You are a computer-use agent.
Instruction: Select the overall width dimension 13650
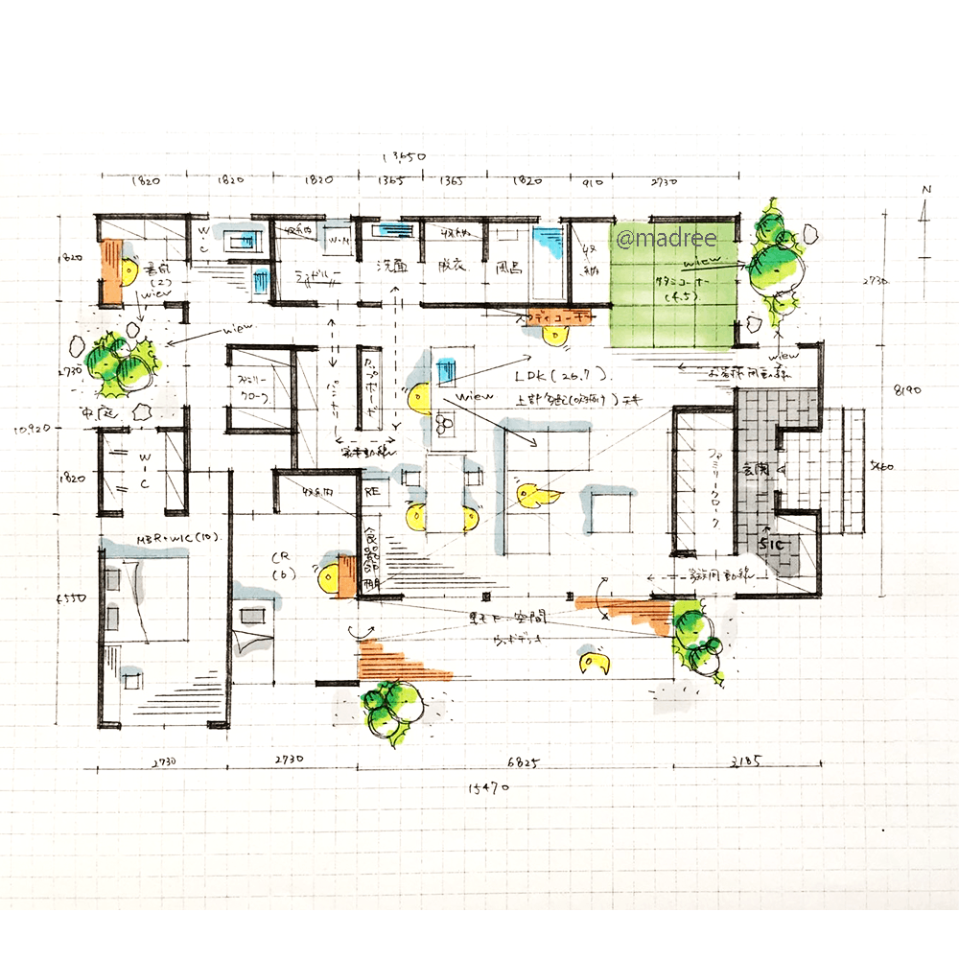(403, 156)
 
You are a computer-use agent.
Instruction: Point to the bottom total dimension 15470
(488, 788)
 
